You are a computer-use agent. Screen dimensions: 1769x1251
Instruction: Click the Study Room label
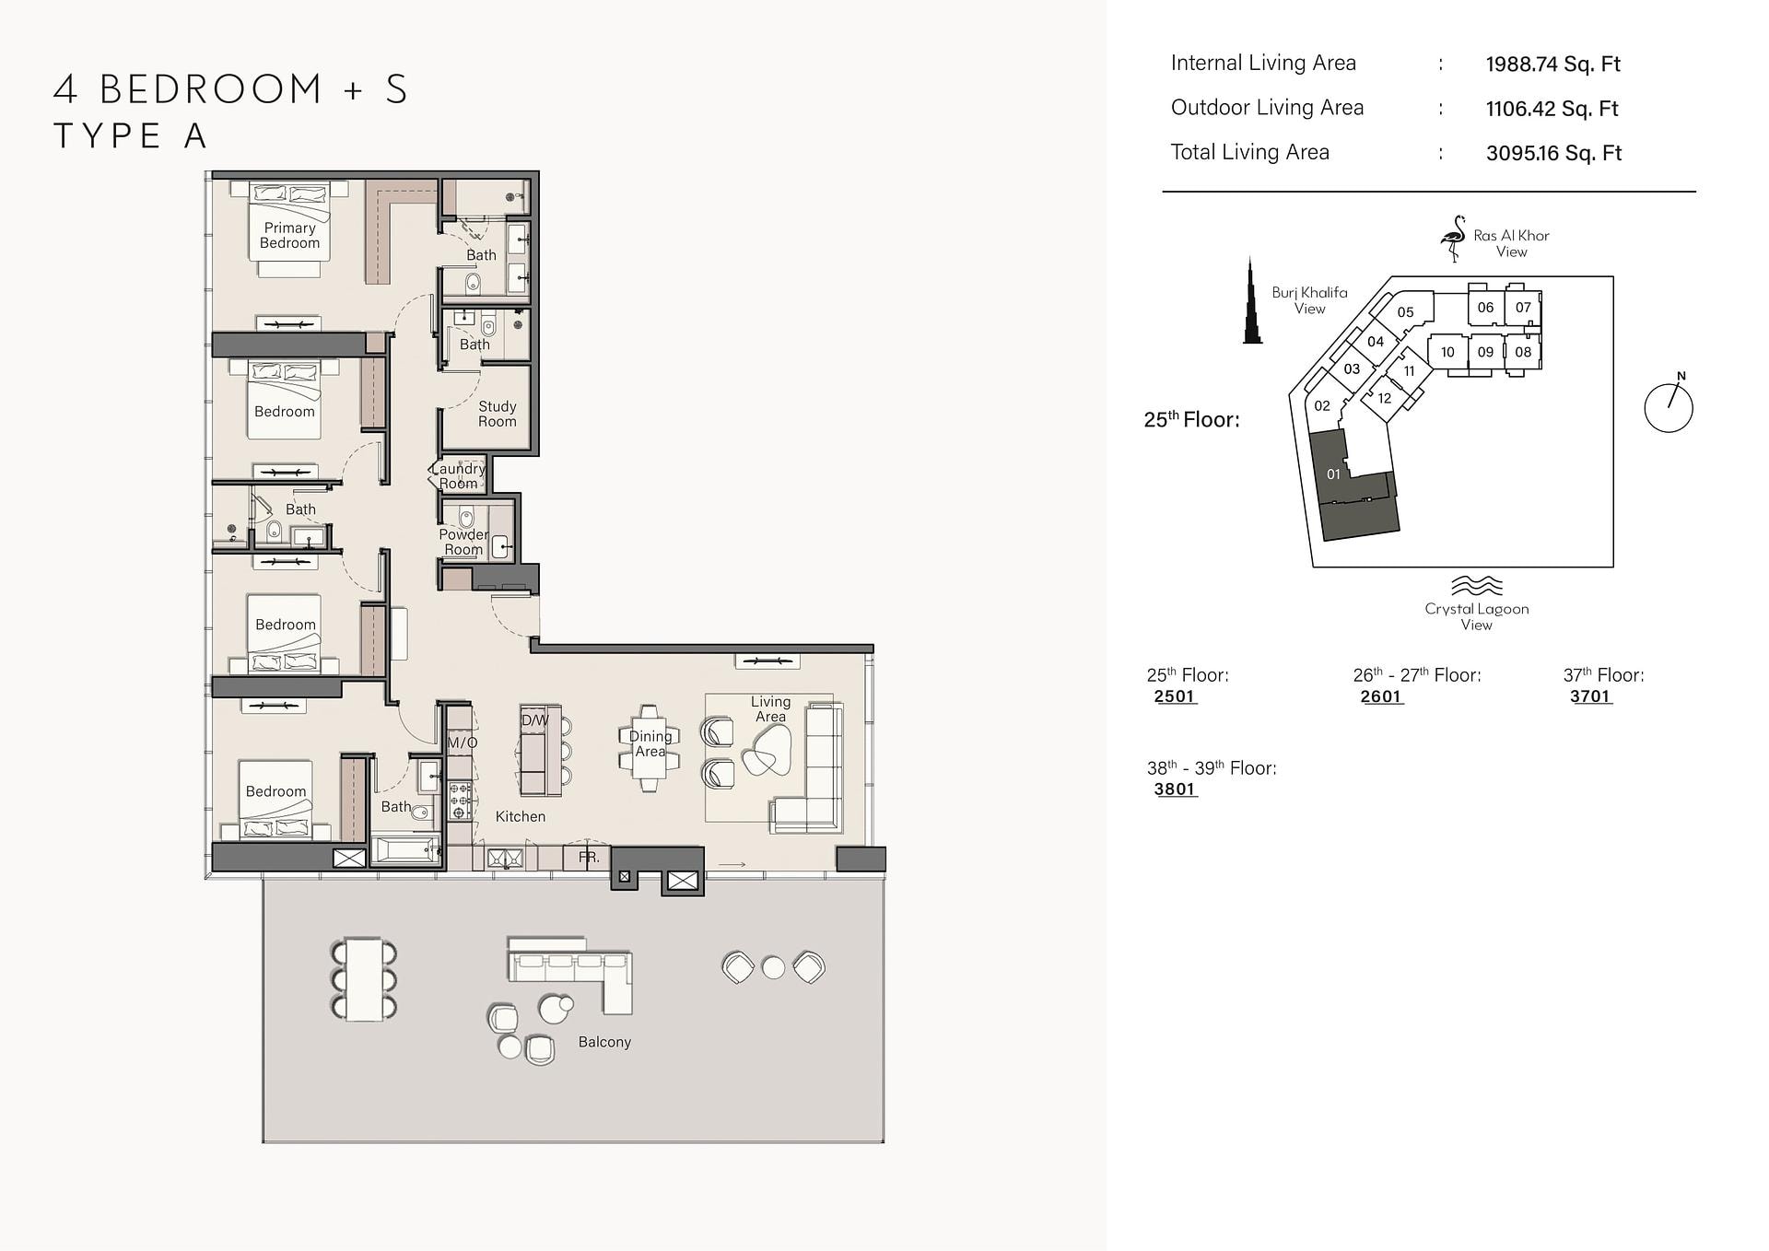tap(497, 414)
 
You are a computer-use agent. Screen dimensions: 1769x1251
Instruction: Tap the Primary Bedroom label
tap(289, 235)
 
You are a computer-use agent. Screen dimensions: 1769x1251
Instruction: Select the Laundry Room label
tap(458, 475)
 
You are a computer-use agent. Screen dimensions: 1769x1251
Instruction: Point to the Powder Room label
tap(463, 542)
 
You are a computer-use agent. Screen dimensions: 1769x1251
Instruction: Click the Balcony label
tap(604, 1042)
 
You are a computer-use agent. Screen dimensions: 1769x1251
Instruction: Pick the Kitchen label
tap(521, 816)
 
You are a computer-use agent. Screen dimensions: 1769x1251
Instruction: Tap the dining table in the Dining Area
tap(650, 748)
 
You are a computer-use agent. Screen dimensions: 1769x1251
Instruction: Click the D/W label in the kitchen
tap(534, 720)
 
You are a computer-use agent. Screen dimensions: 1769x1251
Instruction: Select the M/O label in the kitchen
tap(463, 742)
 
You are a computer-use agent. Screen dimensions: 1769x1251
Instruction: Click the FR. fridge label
tap(589, 858)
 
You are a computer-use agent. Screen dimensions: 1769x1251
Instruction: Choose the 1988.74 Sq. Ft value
tap(1552, 64)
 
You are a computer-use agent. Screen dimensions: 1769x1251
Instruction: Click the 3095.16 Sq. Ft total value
tap(1553, 153)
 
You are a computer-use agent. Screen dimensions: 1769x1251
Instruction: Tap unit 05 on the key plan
tap(1405, 312)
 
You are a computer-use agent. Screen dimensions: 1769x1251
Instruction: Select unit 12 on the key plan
tap(1384, 399)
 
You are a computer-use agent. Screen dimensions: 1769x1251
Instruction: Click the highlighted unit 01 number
tap(1333, 474)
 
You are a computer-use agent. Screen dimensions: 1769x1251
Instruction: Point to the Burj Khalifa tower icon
tap(1252, 300)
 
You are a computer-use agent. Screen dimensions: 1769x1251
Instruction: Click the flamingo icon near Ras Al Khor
tap(1453, 239)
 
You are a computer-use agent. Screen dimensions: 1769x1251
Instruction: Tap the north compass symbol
tap(1669, 406)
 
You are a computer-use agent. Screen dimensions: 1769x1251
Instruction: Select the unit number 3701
tap(1590, 697)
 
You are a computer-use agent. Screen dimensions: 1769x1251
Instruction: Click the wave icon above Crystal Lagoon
tap(1476, 586)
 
